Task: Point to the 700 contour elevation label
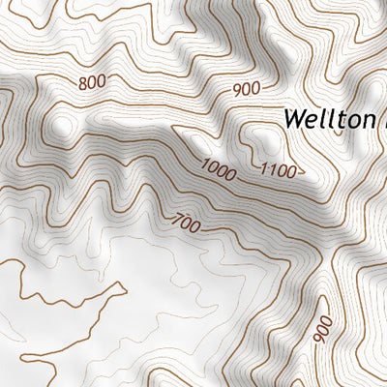185,223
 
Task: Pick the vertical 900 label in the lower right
323,329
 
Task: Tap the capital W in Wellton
294,119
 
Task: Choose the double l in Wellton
325,118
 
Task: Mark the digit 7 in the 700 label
175,219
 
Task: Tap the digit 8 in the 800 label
82,83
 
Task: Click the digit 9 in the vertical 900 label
323,340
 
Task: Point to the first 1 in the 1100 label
264,170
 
